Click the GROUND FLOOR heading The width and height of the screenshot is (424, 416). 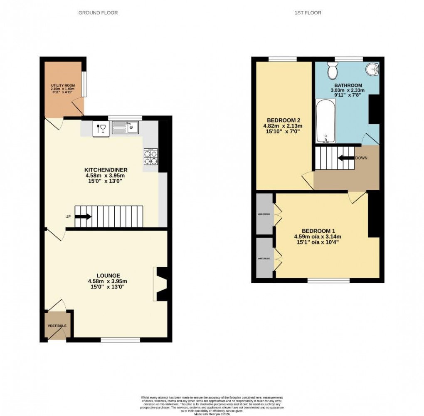click(98, 13)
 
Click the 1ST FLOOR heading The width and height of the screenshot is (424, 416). click(308, 13)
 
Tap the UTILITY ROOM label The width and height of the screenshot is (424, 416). click(62, 88)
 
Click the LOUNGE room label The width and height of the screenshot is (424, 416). click(108, 275)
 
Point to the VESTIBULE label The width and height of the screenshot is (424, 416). click(57, 325)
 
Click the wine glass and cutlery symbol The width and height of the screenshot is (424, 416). click(100, 128)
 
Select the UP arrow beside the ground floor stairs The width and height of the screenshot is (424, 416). click(83, 217)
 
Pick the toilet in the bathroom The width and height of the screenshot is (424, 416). click(333, 72)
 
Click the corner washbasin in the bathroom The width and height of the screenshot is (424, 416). click(372, 68)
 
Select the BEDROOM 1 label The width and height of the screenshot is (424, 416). click(318, 231)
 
